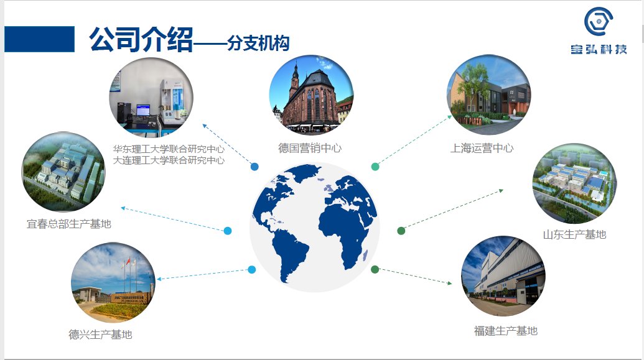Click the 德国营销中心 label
pyautogui.click(x=310, y=148)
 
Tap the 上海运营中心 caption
pyautogui.click(x=482, y=148)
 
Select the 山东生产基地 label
pyautogui.click(x=574, y=234)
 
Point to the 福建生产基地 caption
pyautogui.click(x=506, y=331)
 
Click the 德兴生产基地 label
pyautogui.click(x=100, y=335)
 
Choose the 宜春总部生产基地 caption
pyautogui.click(x=69, y=224)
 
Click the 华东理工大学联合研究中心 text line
pyautogui.click(x=169, y=149)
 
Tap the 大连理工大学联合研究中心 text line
pyautogui.click(x=169, y=160)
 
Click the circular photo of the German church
pyautogui.click(x=311, y=95)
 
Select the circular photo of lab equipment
pyautogui.click(x=151, y=98)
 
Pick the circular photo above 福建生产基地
pyautogui.click(x=503, y=276)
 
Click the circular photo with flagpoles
pyautogui.click(x=113, y=282)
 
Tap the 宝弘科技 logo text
pyautogui.click(x=599, y=49)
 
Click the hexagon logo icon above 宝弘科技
pyautogui.click(x=599, y=21)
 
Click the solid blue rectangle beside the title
pyautogui.click(x=39, y=39)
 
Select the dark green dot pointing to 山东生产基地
pyautogui.click(x=401, y=231)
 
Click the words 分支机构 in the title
pyautogui.click(x=258, y=43)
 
